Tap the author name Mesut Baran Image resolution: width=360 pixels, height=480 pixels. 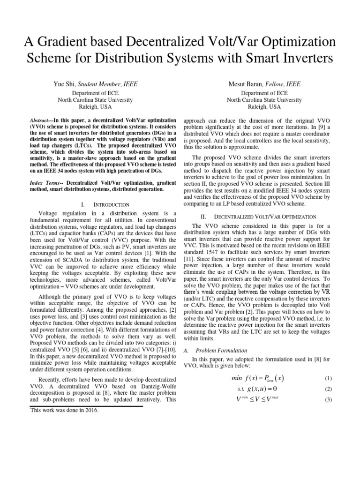coord(246,84)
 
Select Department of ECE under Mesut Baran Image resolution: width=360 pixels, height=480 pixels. coord(264,93)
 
